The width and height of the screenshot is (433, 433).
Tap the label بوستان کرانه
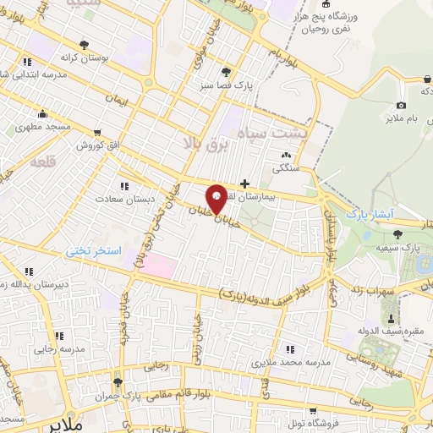84,58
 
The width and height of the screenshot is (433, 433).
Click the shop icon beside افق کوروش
99,132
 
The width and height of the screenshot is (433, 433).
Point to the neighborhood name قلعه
41,161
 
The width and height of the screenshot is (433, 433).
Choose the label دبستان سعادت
124,199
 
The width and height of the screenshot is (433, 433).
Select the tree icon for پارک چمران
118,382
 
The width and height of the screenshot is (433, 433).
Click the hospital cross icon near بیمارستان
244,183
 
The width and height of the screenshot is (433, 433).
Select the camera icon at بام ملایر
401,105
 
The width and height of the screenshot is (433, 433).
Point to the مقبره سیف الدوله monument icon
391,318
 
